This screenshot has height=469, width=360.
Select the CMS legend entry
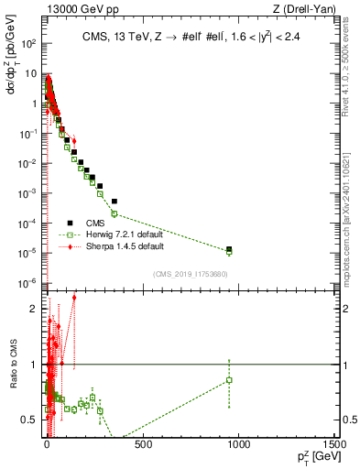point(107,222)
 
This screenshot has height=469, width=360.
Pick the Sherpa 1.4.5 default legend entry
point(134,246)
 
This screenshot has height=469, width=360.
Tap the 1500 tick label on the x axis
point(336,446)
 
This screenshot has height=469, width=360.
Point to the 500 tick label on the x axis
point(143,446)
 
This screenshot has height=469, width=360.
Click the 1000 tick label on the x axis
point(238,446)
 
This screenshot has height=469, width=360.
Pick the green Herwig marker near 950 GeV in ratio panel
point(229,379)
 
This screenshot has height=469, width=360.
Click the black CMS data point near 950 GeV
point(229,249)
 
